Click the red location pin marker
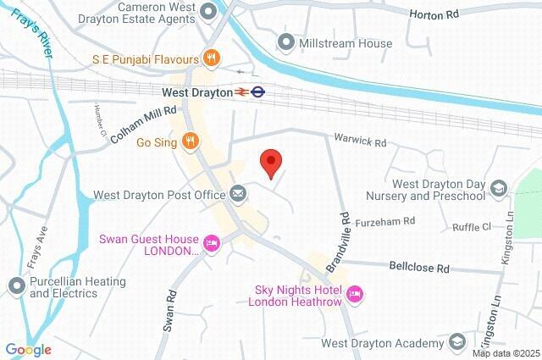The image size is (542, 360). (x=270, y=161)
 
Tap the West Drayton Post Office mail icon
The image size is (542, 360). (x=239, y=194)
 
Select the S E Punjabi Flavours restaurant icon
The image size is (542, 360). (x=212, y=58)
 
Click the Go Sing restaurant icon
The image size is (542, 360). (x=192, y=142)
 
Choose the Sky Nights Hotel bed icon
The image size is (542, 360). (x=355, y=294)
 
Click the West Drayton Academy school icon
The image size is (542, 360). (x=457, y=342)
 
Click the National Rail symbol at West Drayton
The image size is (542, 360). (x=241, y=91)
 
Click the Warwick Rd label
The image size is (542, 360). (x=359, y=141)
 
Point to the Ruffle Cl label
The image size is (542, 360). (x=472, y=226)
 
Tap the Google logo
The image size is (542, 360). (x=28, y=349)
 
